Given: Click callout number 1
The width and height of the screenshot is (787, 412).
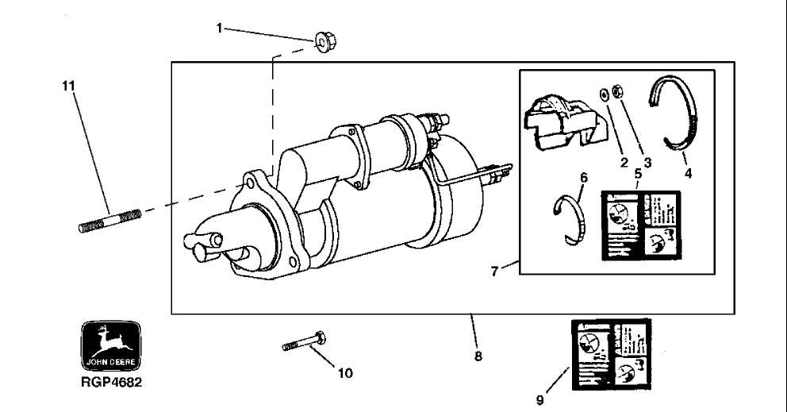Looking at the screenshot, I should (220, 28).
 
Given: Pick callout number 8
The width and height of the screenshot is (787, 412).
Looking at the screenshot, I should (478, 356).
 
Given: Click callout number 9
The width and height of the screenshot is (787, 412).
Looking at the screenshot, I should (539, 401).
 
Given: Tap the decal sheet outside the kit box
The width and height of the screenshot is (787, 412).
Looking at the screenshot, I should (612, 356).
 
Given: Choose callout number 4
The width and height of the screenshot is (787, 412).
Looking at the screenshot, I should (688, 171).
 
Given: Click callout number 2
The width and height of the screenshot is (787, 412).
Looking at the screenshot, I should (624, 162).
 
